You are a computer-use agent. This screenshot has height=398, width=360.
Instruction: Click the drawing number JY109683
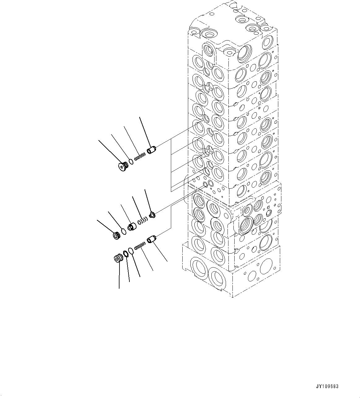click(327, 386)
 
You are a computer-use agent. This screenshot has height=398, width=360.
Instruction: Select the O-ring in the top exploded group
click(131, 161)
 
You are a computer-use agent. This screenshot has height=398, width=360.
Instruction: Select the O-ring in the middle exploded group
click(124, 231)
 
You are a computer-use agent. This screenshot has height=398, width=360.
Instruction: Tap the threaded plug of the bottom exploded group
click(118, 259)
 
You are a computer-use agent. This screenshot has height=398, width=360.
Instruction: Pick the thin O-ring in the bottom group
click(131, 251)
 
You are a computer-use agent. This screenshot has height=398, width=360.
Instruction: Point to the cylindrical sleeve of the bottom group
click(152, 240)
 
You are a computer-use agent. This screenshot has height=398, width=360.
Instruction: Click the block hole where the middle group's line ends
click(205, 185)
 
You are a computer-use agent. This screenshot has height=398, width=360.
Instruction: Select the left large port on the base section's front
click(196, 267)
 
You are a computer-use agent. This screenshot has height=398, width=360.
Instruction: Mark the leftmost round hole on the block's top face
click(194, 31)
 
